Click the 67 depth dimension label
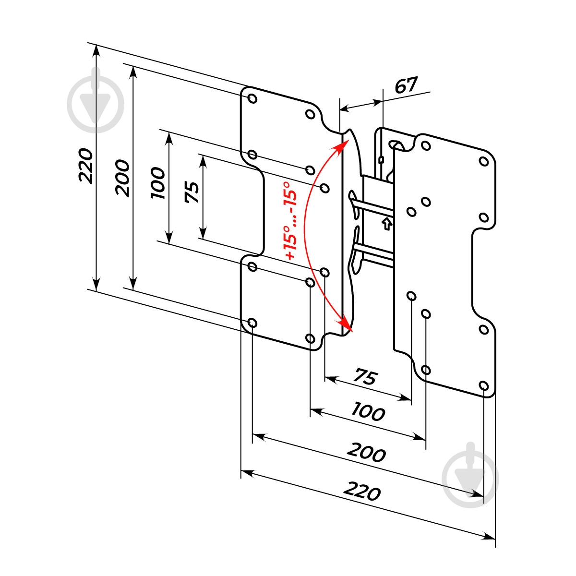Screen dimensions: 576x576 (x=406, y=85)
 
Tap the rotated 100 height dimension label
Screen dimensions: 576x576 (x=158, y=183)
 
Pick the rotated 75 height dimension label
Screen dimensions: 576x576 (x=192, y=192)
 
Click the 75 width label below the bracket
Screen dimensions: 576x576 (x=366, y=376)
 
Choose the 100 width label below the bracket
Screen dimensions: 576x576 (x=368, y=412)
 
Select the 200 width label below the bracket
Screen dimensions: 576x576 (x=366, y=453)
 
